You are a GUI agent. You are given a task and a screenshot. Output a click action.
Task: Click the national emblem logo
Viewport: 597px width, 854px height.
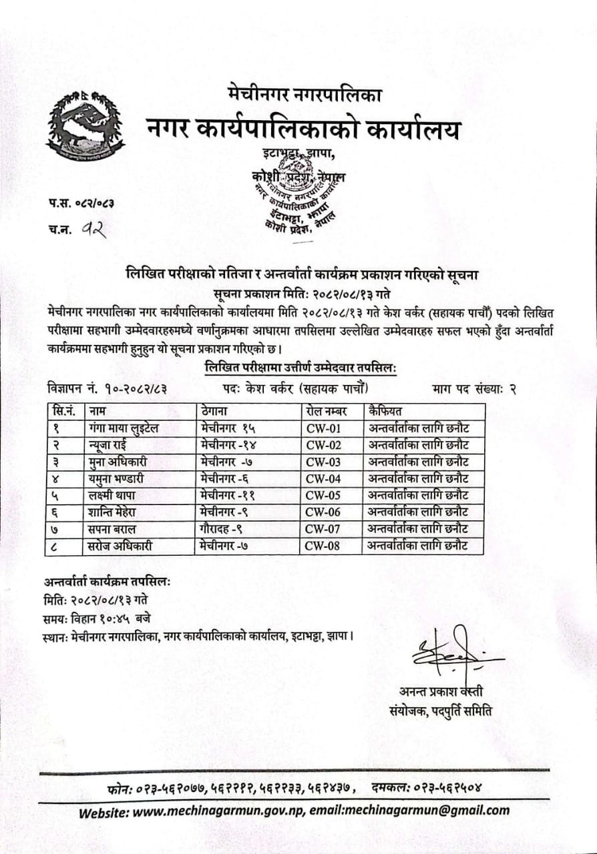(x=85, y=125)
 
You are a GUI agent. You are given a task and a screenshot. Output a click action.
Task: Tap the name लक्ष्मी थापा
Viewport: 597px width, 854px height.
(x=116, y=495)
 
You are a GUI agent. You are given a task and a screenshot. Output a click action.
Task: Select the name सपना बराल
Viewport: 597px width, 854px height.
(x=112, y=529)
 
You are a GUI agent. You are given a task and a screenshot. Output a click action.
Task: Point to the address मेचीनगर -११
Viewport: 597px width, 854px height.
(x=228, y=495)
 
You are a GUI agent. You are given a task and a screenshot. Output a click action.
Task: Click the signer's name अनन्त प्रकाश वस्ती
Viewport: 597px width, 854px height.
(x=441, y=691)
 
